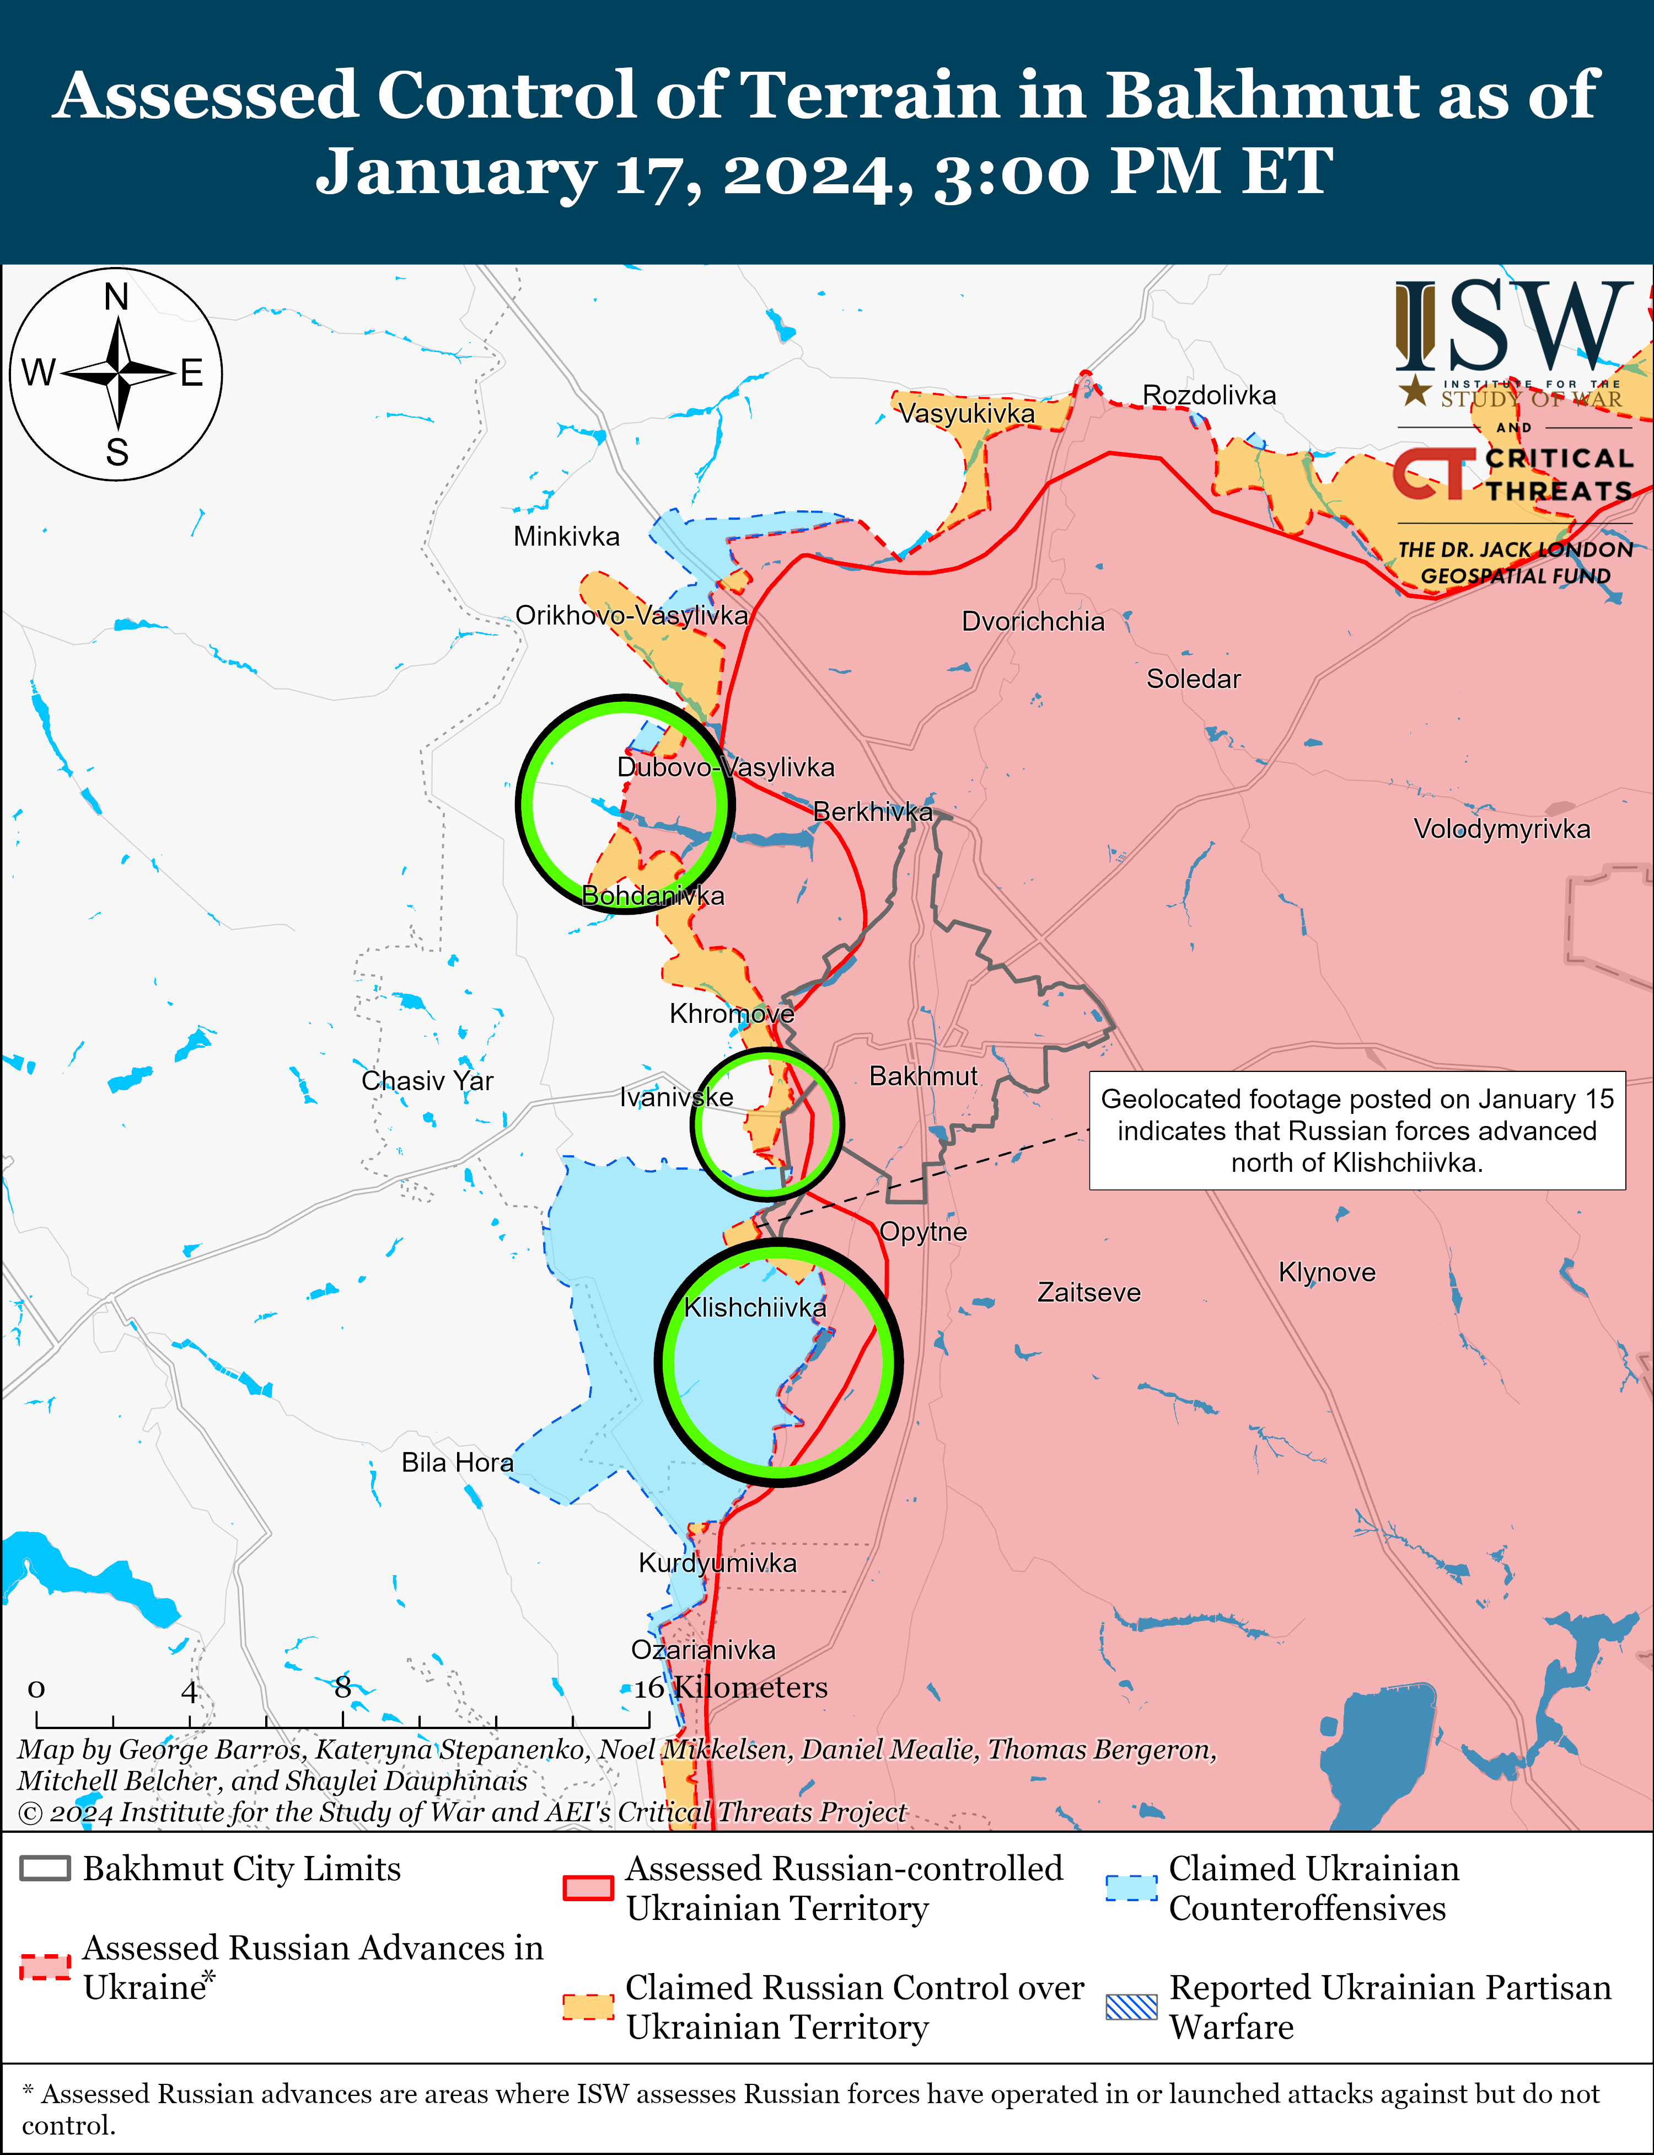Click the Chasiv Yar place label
point(427,1080)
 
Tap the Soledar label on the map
point(1193,679)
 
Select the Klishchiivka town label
point(755,1307)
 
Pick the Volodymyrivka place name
point(1501,828)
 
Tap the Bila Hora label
point(457,1463)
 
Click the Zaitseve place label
point(1089,1292)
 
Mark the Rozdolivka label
point(1209,395)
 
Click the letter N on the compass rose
point(116,296)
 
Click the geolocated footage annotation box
point(1357,1130)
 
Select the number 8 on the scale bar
point(342,1687)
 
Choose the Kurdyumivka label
point(718,1563)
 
